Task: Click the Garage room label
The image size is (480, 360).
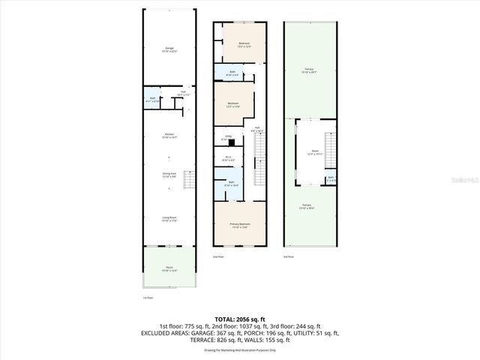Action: (169, 50)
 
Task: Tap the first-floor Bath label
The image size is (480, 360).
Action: (153, 98)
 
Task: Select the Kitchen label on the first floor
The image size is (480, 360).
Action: (169, 136)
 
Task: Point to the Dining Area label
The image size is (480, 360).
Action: (169, 175)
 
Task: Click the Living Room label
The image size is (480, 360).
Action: (169, 219)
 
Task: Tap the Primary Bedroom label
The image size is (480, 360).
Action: (239, 226)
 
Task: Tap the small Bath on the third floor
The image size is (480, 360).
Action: (331, 178)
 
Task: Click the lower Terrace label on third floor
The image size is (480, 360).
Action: (308, 208)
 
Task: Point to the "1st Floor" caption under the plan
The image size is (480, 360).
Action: (148, 298)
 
